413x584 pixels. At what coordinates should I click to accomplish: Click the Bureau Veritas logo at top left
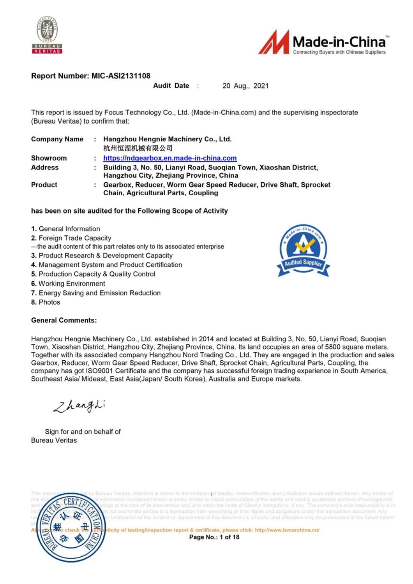click(x=47, y=35)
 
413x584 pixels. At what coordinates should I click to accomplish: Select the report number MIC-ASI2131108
click(x=121, y=76)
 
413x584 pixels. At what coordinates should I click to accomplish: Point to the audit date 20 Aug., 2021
click(x=245, y=86)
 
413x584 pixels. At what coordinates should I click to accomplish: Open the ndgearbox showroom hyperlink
click(x=170, y=158)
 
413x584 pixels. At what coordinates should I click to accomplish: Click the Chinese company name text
click(x=138, y=148)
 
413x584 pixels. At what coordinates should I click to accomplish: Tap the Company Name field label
click(x=57, y=139)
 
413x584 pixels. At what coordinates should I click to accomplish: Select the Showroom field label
click(x=49, y=158)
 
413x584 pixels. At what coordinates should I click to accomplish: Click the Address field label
click(x=45, y=168)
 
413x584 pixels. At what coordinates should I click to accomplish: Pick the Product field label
click(x=44, y=185)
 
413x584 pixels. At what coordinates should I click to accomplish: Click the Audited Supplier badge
click(x=303, y=251)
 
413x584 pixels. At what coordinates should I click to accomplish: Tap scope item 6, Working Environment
click(x=68, y=284)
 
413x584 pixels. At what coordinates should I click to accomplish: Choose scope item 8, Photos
click(x=46, y=302)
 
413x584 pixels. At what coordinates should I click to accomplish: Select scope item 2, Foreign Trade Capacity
click(x=71, y=238)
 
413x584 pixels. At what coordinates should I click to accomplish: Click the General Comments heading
click(x=64, y=320)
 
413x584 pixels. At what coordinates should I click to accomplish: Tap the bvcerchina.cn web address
click(x=287, y=530)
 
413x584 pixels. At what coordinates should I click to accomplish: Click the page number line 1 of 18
click(x=214, y=537)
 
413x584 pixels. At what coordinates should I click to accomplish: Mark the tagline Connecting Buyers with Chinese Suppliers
click(x=339, y=52)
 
